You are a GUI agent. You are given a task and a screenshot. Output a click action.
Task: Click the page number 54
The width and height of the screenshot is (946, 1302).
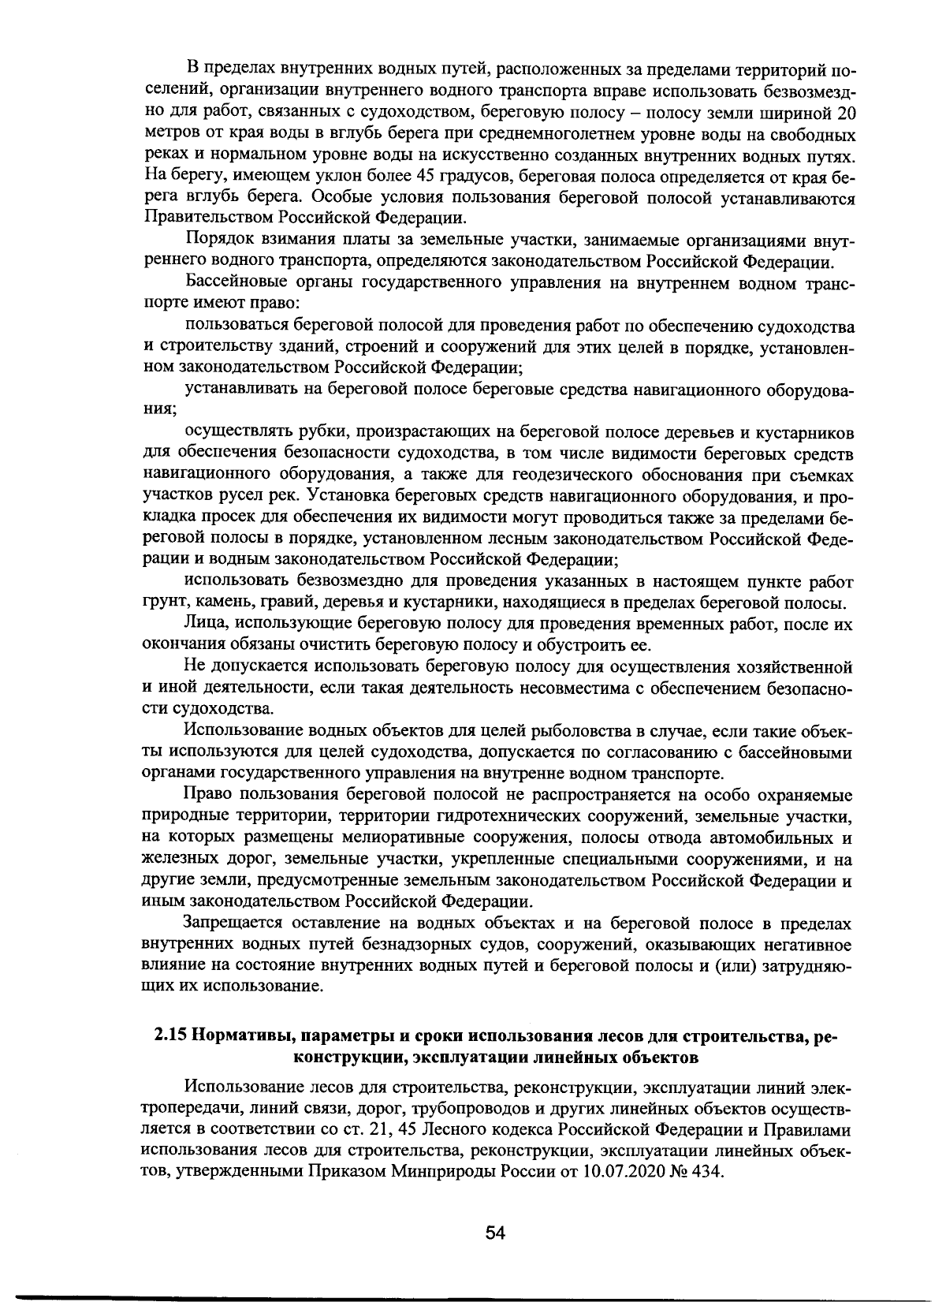click(x=494, y=1234)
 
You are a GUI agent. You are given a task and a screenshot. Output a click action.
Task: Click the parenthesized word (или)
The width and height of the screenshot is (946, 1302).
click(x=735, y=964)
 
